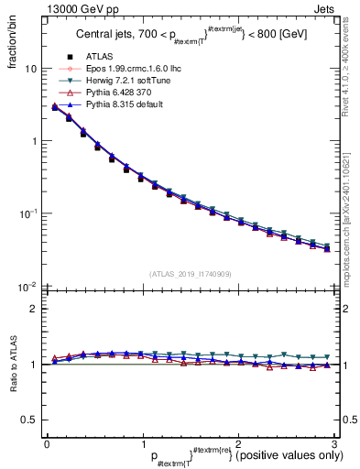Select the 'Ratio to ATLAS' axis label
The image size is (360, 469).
[x=12, y=365]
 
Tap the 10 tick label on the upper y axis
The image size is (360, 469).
[x=30, y=69]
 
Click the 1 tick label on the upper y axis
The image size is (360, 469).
[x=33, y=141]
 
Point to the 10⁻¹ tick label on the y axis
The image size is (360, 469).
[x=27, y=213]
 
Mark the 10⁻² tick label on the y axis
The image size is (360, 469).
[x=27, y=285]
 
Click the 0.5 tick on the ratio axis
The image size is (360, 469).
[x=28, y=420]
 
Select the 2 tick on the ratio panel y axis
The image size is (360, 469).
[x=33, y=309]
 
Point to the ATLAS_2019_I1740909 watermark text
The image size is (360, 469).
[x=190, y=274]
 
